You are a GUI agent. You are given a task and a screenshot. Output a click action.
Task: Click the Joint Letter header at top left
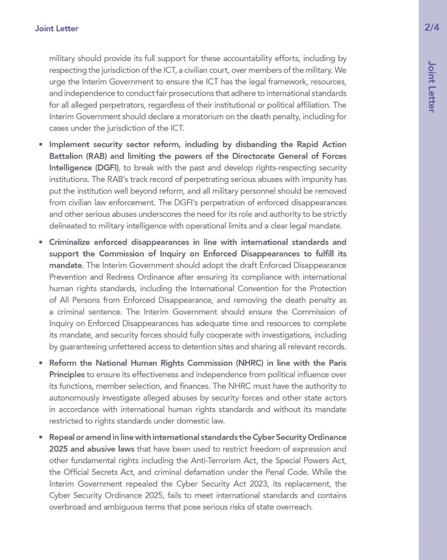[x=57, y=29]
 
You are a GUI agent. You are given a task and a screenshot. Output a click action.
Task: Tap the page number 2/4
[x=432, y=27]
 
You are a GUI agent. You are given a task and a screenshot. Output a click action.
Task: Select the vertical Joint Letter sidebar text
[x=431, y=86]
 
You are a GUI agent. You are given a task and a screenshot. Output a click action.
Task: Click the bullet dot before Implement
[x=41, y=144]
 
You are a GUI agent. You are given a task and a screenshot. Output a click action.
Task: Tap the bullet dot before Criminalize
[x=41, y=242]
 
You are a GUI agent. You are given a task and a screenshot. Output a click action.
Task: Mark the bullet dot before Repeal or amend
[x=41, y=437]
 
